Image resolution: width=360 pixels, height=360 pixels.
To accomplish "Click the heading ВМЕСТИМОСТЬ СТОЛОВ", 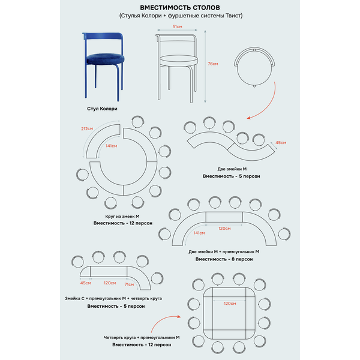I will pyautogui.click(x=179, y=7).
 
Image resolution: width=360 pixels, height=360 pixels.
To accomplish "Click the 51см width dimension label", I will pyautogui.click(x=178, y=27).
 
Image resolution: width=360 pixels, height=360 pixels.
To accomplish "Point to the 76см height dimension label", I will pyautogui.click(x=212, y=64).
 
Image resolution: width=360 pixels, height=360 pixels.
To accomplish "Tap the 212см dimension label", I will pyautogui.click(x=86, y=128).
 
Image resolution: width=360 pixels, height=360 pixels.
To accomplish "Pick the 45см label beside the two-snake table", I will pyautogui.click(x=280, y=143).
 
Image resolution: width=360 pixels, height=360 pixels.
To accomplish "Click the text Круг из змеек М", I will pyautogui.click(x=122, y=215).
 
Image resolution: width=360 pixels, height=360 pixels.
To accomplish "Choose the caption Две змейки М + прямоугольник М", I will pyautogui.click(x=224, y=251).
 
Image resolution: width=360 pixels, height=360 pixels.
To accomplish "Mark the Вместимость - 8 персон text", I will pyautogui.click(x=224, y=259).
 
